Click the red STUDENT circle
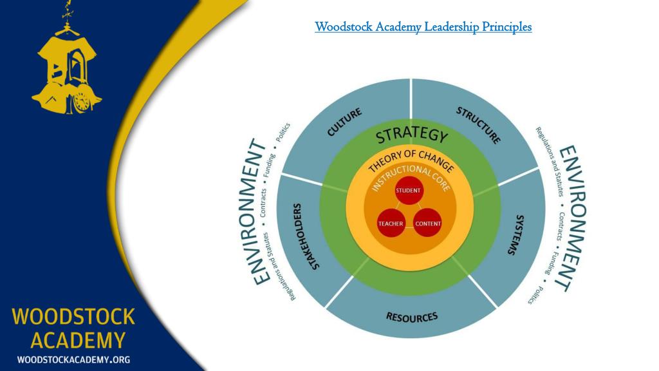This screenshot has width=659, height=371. tap(407, 191)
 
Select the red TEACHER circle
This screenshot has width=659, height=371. tap(390, 224)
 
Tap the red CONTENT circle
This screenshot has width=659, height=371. tap(427, 224)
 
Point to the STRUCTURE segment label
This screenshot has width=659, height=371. tap(478, 124)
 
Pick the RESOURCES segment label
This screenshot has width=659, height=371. tap(411, 316)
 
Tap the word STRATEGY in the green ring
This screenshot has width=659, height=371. tap(411, 135)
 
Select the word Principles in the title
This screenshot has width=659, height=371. tap(508, 26)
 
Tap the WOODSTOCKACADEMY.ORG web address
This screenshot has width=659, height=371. tap(73, 359)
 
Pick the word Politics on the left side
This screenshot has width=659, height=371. tap(283, 132)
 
